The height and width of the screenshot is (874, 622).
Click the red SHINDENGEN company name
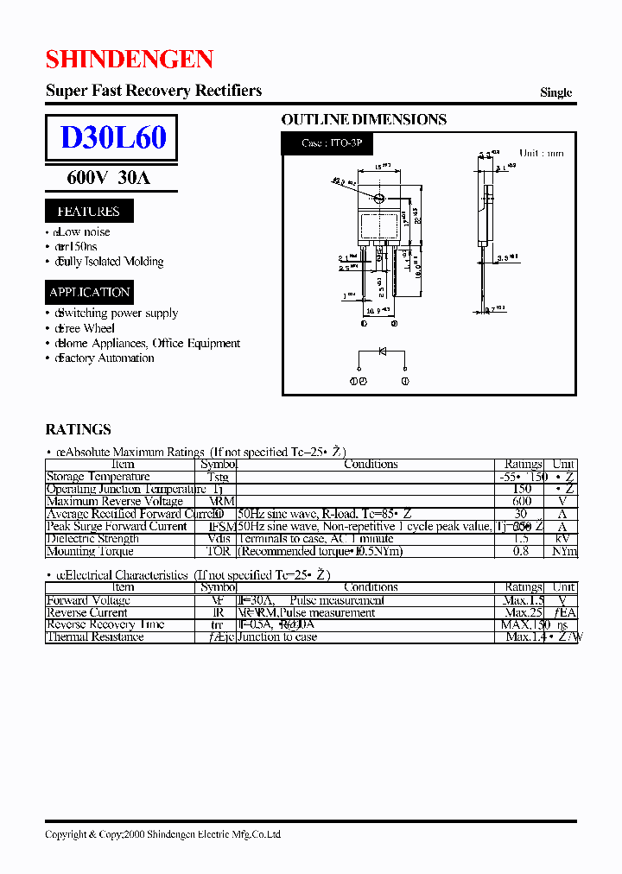[x=129, y=60]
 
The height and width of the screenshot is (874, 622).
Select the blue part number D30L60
[x=112, y=138]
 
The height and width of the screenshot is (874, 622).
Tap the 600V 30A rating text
[x=109, y=178]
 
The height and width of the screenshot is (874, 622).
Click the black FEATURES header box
[x=89, y=211]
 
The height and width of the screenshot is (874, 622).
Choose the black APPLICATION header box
[x=89, y=292]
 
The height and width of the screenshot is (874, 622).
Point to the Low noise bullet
[x=83, y=232]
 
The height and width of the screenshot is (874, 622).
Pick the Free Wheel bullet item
[x=86, y=328]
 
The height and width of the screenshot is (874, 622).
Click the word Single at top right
[x=555, y=92]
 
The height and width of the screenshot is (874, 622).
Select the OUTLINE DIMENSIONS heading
[x=364, y=120]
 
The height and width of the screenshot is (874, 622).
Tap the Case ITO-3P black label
[x=333, y=143]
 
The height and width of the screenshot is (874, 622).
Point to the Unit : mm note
[x=541, y=153]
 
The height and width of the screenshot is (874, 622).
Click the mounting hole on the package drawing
[x=379, y=199]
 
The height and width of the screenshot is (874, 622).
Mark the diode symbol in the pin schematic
[x=382, y=351]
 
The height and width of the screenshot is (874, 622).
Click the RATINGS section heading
[x=78, y=429]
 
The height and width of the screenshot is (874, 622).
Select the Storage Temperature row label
[x=98, y=477]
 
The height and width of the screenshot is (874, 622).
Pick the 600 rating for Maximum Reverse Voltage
[x=522, y=501]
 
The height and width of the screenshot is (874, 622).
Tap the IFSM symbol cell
[x=220, y=526]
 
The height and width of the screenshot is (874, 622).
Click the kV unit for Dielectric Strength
[x=563, y=538]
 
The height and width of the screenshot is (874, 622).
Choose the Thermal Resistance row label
[x=95, y=636]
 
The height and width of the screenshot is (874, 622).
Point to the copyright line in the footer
[x=162, y=834]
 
